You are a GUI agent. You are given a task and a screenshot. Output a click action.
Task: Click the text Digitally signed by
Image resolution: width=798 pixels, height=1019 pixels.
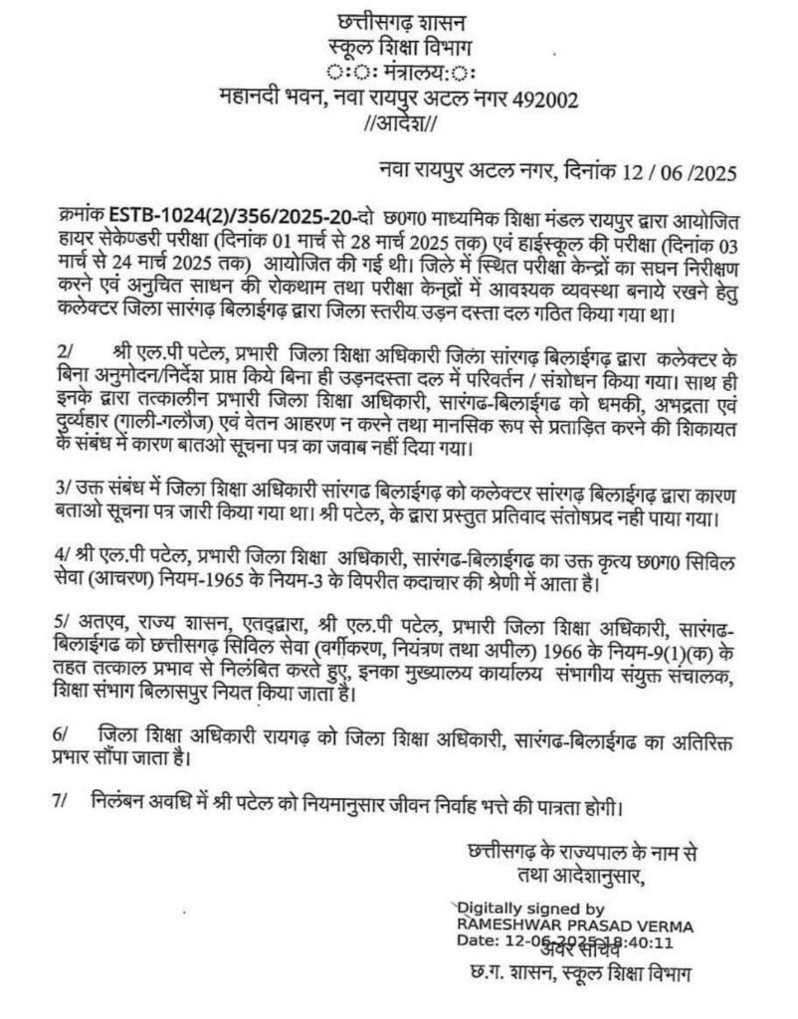coord(529,909)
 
